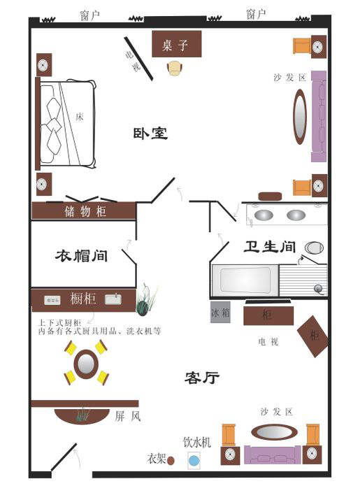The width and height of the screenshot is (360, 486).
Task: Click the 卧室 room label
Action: coord(150,134)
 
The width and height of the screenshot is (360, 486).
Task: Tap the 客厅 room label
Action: coord(202,378)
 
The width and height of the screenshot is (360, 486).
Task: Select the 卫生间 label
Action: coord(270,247)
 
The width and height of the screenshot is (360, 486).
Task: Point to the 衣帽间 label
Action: coord(82,256)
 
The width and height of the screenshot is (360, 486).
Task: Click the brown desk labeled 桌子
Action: coord(177,43)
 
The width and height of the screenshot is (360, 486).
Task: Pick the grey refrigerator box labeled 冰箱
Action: coord(220,312)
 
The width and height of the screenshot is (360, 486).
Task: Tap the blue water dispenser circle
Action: coord(194,461)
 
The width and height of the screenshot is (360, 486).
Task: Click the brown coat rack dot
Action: coord(171,461)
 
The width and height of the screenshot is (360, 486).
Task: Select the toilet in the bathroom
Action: coord(314,248)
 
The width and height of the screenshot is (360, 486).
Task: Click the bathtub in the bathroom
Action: coord(245,280)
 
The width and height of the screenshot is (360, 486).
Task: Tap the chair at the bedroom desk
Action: coord(175,69)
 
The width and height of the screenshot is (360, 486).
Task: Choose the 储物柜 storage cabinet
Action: coord(84,211)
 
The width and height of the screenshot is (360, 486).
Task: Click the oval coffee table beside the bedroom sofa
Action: coord(300,117)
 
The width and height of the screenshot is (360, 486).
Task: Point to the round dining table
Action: coord(86,364)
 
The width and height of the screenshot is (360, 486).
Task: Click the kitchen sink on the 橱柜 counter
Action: coord(113,299)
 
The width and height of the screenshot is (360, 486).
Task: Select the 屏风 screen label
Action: coord(128,416)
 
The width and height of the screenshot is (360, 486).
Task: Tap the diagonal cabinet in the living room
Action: coord(313,336)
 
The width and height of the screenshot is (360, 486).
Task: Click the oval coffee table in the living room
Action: coord(274,432)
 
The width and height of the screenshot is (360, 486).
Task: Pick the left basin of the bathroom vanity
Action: coord(264,215)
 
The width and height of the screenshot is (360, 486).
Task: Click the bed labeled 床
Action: coord(66,124)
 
